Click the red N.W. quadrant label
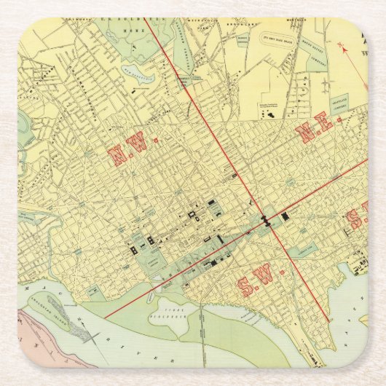pos(129,151)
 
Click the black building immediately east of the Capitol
pos(285,216)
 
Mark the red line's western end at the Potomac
pos(106,318)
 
